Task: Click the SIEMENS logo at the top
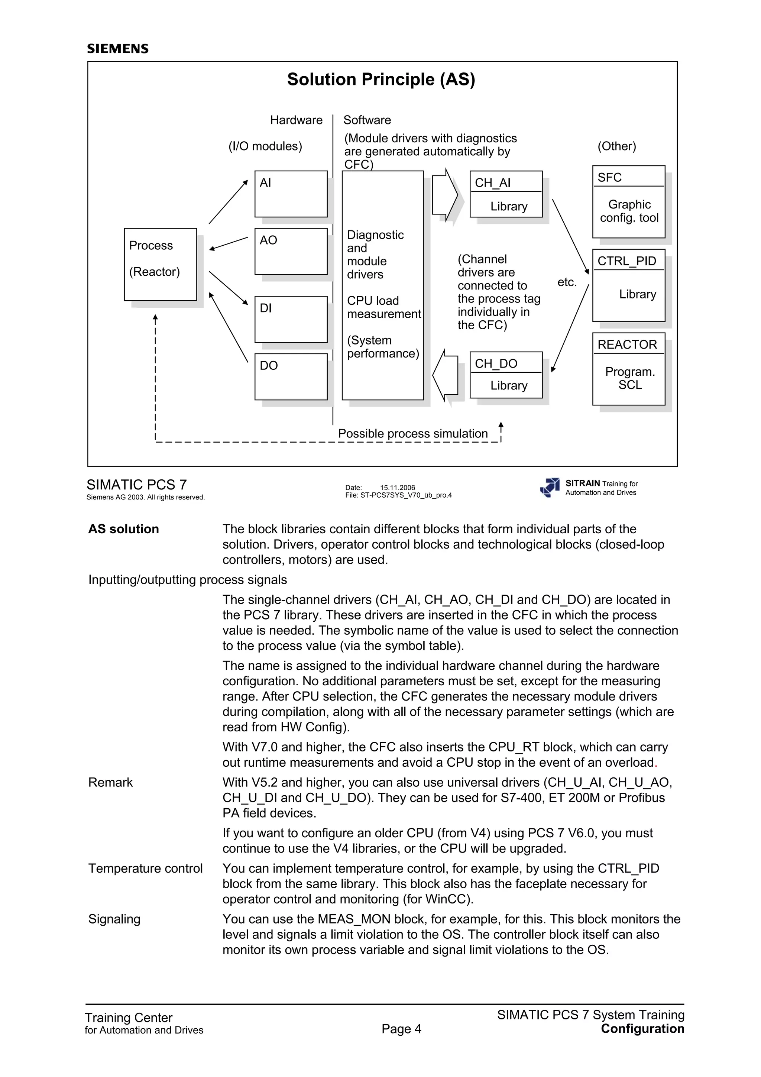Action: pyautogui.click(x=118, y=49)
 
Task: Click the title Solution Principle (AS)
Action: pyautogui.click(x=381, y=79)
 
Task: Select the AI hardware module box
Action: pyautogui.click(x=291, y=194)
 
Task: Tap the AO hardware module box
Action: pyautogui.click(x=291, y=252)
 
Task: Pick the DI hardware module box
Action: pyautogui.click(x=291, y=319)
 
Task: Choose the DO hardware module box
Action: pyautogui.click(x=291, y=377)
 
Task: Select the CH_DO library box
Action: pyautogui.click(x=506, y=375)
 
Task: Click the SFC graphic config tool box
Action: pyautogui.click(x=628, y=202)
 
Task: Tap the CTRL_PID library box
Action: pyautogui.click(x=628, y=285)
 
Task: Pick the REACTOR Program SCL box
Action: pyautogui.click(x=628, y=369)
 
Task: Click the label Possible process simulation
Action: pyautogui.click(x=412, y=433)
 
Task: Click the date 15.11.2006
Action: pyautogui.click(x=397, y=488)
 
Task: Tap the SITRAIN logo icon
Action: pyautogui.click(x=550, y=487)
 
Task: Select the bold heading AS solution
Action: pyautogui.click(x=124, y=529)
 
